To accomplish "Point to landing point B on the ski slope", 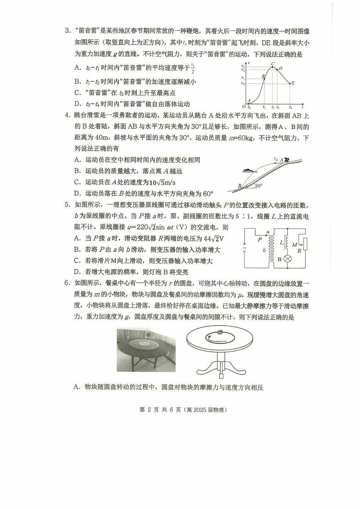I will (x=240, y=186).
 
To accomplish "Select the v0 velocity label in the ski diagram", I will (x=276, y=158).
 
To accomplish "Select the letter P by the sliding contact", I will (x=260, y=239).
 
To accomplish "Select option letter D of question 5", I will (x=77, y=272).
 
